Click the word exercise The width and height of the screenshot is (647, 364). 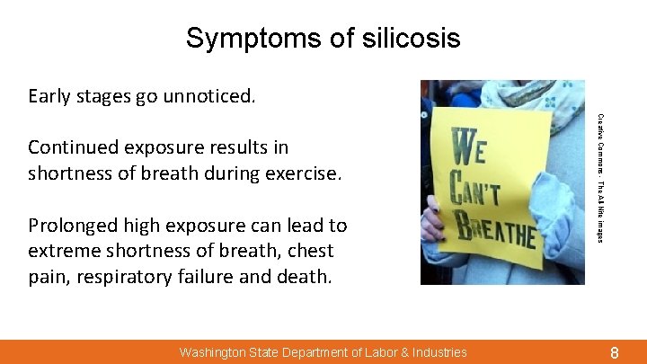304,171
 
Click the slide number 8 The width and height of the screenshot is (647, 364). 615,352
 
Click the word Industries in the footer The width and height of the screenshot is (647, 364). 437,352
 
